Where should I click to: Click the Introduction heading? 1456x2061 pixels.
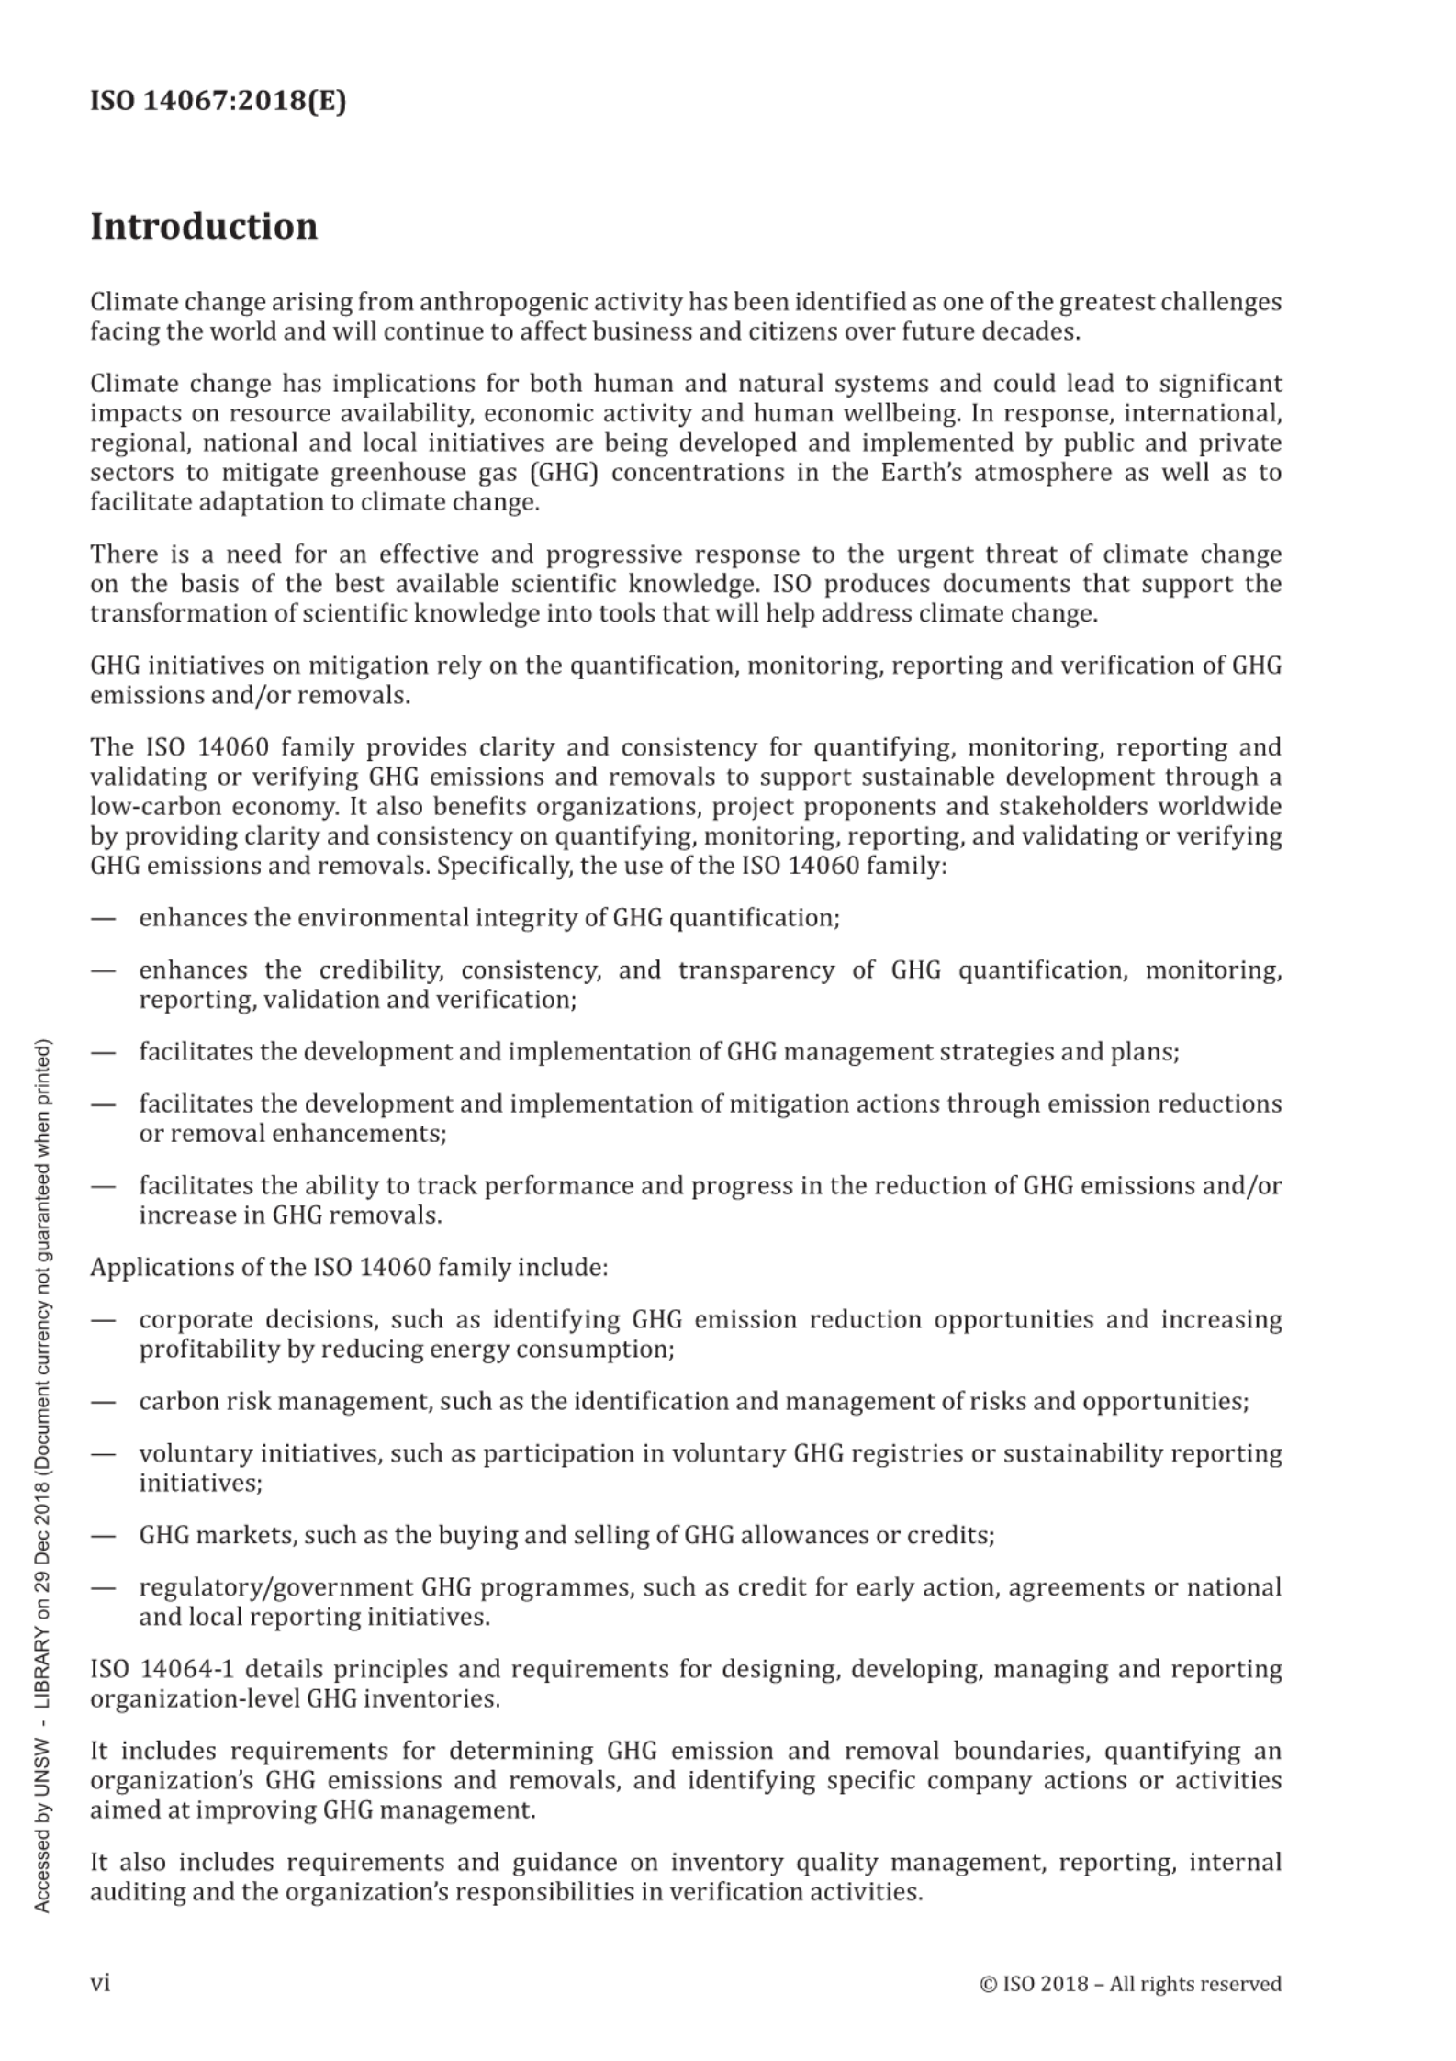click(204, 227)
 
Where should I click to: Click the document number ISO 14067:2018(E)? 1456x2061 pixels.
click(218, 101)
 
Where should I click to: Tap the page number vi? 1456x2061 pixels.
click(100, 1984)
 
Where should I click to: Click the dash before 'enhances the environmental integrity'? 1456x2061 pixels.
click(103, 919)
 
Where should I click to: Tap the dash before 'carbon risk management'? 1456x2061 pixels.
click(103, 1402)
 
